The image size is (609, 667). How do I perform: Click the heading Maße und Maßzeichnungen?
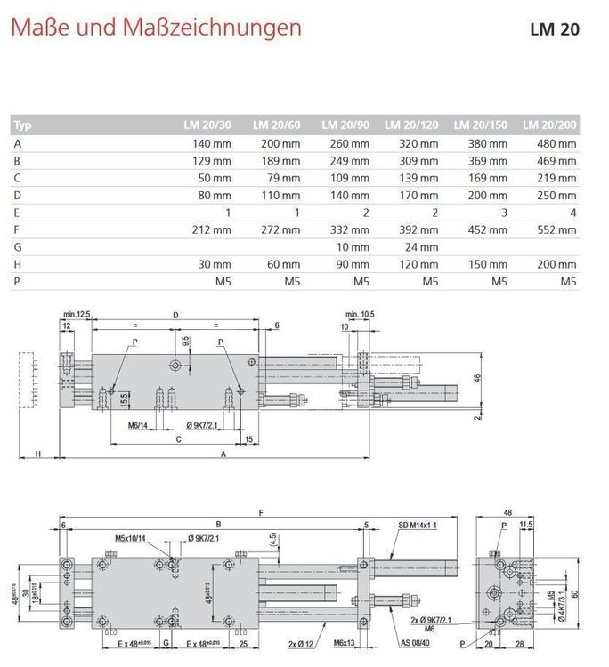[x=156, y=28]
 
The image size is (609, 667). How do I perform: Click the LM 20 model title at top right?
[x=554, y=29]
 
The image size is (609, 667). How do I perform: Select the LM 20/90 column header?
[x=345, y=125]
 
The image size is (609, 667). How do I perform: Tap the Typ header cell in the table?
[x=23, y=125]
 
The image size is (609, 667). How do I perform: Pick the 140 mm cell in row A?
[x=211, y=143]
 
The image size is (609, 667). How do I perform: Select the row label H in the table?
[x=18, y=264]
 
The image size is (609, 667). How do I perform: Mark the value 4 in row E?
[x=573, y=213]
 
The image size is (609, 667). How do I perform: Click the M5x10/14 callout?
[x=132, y=538]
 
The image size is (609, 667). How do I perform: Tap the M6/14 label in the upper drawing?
[x=137, y=425]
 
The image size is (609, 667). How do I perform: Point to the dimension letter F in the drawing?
[x=259, y=513]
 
